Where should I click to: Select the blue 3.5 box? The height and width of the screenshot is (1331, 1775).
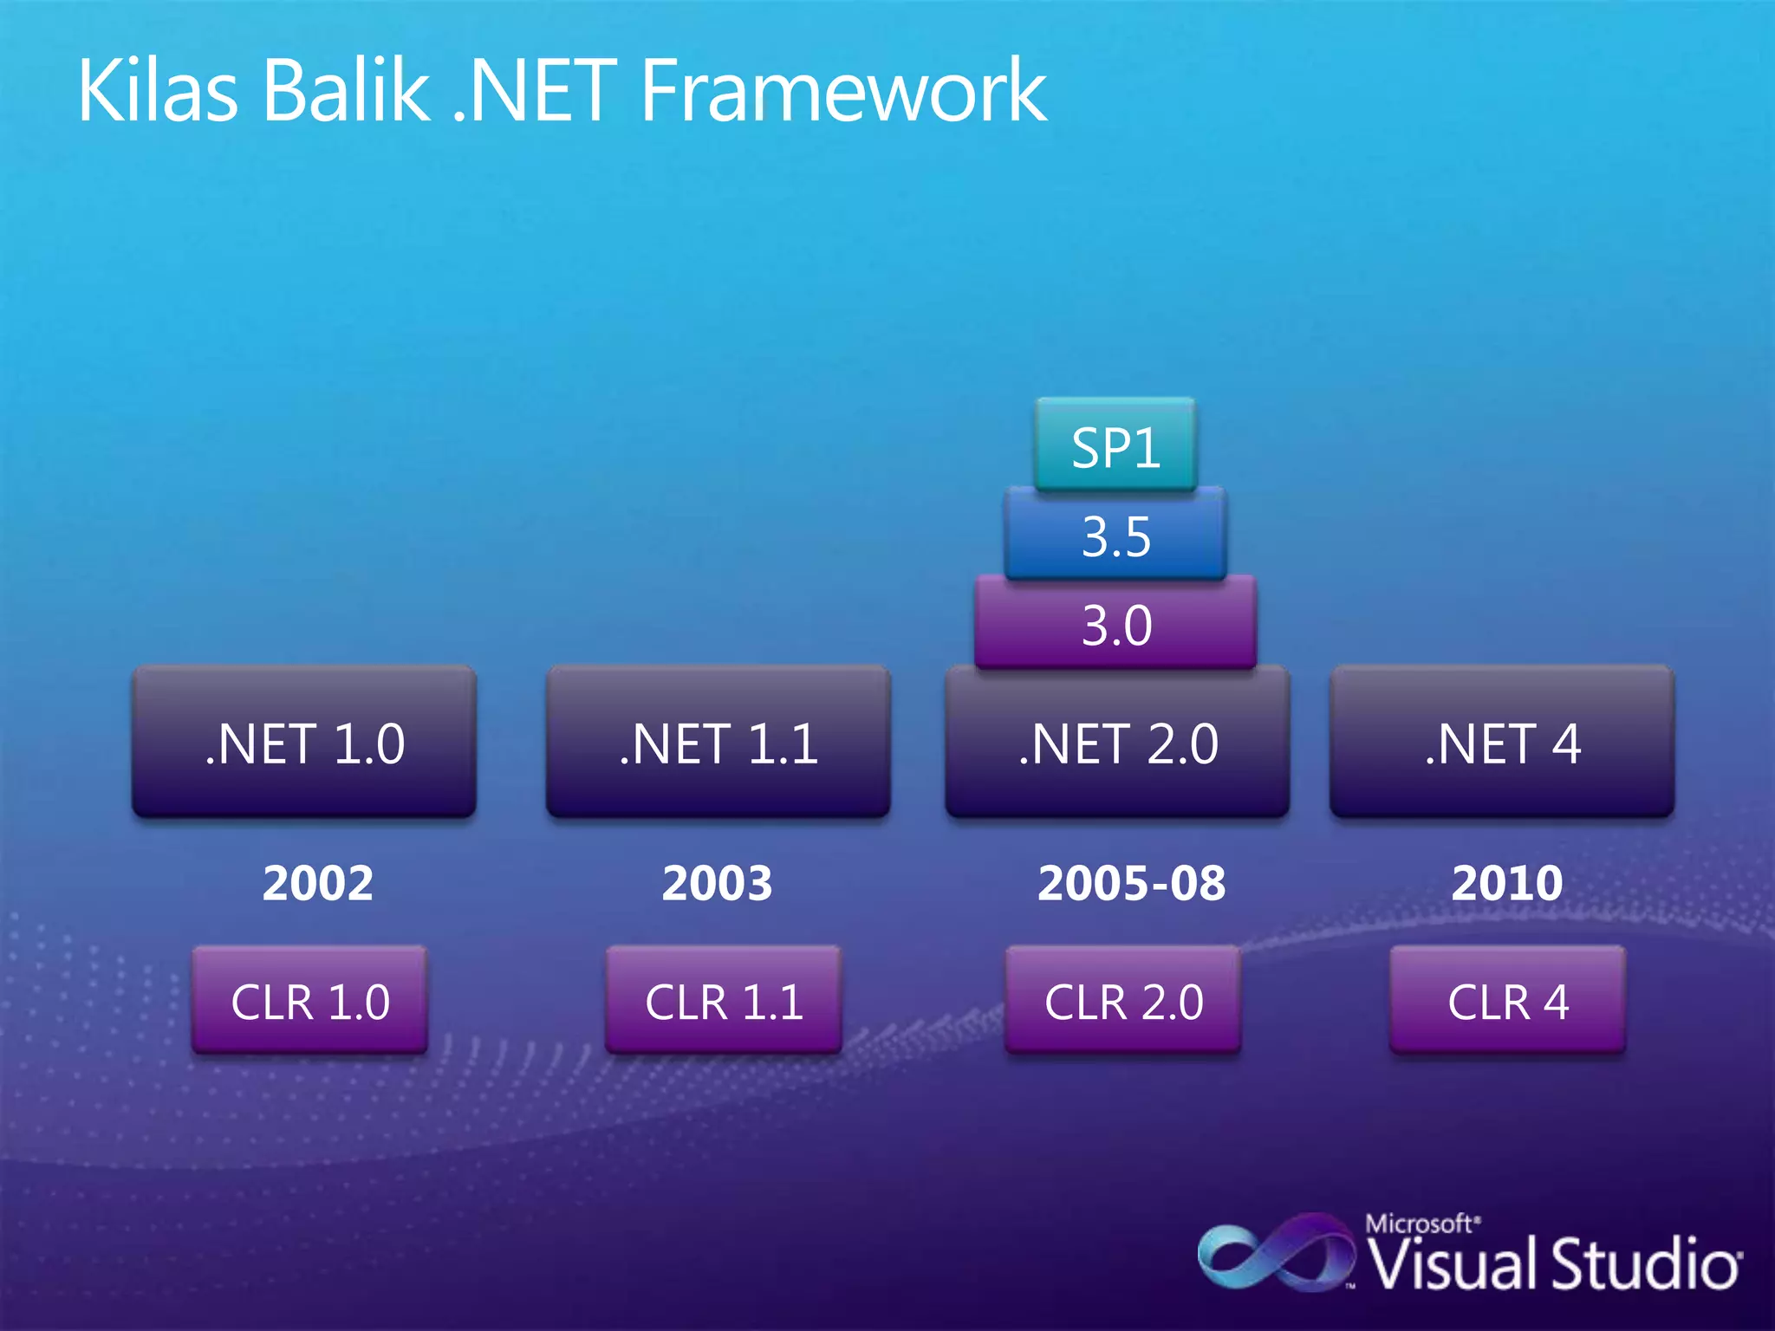pos(1115,536)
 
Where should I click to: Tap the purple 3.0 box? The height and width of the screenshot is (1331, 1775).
pos(1115,624)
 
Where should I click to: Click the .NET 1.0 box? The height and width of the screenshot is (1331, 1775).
pos(304,743)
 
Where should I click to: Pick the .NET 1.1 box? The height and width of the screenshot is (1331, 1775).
pos(718,743)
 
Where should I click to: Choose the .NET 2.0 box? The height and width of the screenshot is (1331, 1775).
pos(1117,743)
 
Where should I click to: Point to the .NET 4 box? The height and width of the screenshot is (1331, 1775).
pos(1502,743)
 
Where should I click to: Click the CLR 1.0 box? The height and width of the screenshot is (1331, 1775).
pos(309,1001)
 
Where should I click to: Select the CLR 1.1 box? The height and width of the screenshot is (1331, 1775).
pos(724,1001)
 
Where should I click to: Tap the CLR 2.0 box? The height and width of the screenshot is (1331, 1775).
pos(1123,1001)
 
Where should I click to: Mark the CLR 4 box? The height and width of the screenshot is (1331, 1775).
pos(1508,1001)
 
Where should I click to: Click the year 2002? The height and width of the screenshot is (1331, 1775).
pos(317,883)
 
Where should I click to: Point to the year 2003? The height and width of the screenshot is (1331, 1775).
pos(717,883)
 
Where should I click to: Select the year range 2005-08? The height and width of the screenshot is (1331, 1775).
pos(1131,883)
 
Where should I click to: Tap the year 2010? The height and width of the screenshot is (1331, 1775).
pos(1507,883)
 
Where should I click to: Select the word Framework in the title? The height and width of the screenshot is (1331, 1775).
pos(842,90)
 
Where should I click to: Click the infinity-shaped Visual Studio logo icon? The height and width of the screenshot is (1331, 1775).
pos(1275,1253)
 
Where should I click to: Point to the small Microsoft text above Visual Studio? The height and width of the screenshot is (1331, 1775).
pos(1420,1224)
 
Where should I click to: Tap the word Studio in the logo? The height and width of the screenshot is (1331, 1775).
pos(1644,1263)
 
